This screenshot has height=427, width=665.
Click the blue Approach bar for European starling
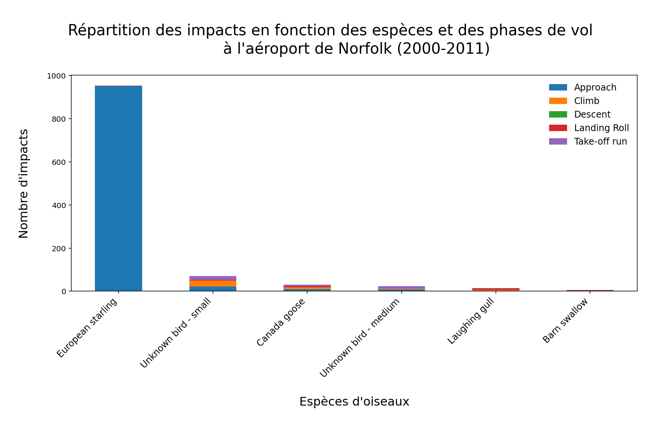pos(118,188)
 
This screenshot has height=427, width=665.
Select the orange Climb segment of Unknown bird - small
pos(213,284)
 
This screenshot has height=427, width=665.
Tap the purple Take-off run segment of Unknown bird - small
pos(213,278)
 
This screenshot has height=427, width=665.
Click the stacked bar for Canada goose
pos(307,288)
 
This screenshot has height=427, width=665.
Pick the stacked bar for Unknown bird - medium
pos(401,288)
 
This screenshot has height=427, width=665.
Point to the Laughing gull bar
pos(495,290)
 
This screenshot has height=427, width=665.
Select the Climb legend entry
pos(587,101)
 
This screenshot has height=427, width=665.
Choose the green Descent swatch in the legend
pos(558,115)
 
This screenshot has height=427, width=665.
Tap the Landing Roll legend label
pos(601,128)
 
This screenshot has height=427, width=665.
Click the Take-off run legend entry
pos(600,142)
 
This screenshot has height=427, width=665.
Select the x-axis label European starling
pos(87,328)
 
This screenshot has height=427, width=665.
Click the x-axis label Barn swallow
pos(565,321)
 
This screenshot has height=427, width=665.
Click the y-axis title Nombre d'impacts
pos(24,183)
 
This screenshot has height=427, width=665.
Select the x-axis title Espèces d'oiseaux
pos(354,401)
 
